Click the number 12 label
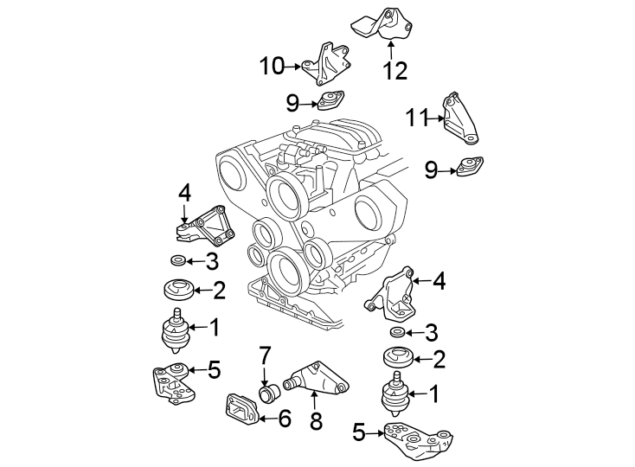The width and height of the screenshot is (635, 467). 394,70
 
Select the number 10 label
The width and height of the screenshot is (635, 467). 272,65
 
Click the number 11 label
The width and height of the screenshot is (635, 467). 420,117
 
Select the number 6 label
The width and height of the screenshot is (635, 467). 284,419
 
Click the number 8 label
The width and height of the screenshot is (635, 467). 316,421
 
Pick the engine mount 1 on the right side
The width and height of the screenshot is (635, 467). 394,396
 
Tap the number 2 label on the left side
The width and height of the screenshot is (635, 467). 219,290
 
